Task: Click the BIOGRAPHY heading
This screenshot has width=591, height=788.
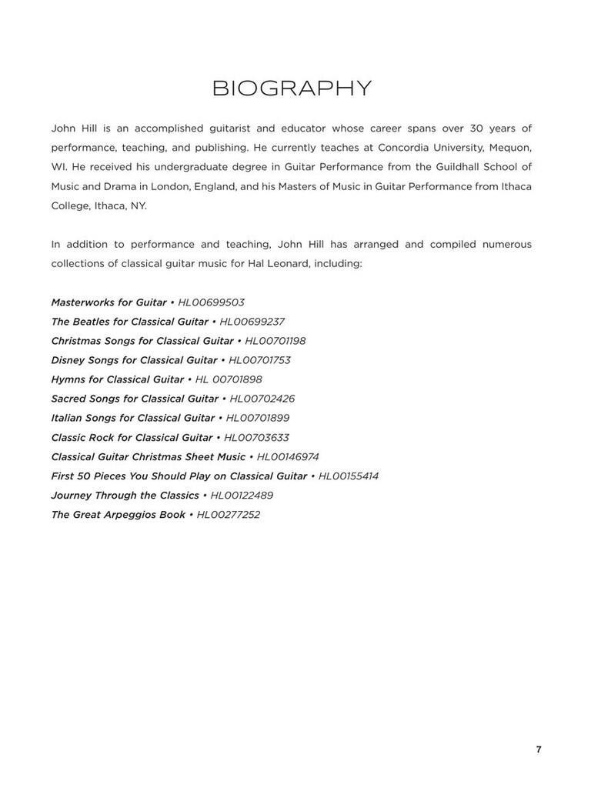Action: pos(292,88)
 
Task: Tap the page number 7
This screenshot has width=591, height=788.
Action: pos(539,750)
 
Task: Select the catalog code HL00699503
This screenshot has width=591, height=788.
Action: pos(211,302)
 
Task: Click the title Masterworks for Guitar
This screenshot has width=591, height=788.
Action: pos(109,302)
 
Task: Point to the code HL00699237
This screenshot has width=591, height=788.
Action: pos(252,322)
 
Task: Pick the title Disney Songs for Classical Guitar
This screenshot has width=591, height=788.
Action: pos(134,360)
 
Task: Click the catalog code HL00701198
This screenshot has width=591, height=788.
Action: pos(275,341)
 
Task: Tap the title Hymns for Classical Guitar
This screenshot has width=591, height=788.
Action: pos(117,379)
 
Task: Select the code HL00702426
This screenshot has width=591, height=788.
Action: pos(262,399)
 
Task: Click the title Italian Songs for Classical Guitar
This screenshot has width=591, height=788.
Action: pos(132,418)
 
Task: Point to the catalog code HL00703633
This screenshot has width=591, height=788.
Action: pos(256,437)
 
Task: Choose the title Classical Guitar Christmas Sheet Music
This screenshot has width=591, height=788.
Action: pos(148,457)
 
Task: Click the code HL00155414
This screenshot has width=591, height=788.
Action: pos(348,476)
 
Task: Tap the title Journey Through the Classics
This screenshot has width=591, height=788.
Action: pos(125,496)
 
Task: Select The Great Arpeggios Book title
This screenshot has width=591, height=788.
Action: pos(118,515)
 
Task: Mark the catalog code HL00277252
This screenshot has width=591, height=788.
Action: pos(228,515)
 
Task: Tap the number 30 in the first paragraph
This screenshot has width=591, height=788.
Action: pos(477,128)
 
